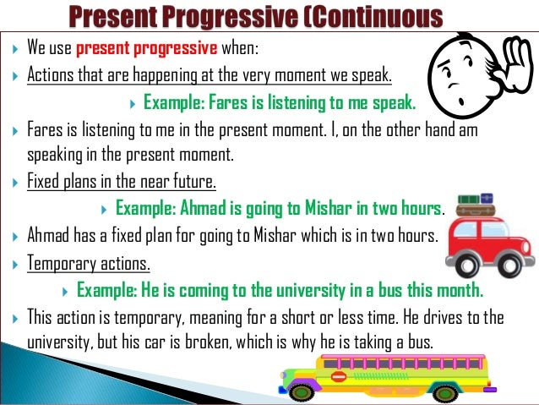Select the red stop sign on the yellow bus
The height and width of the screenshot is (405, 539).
pos(339,376)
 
